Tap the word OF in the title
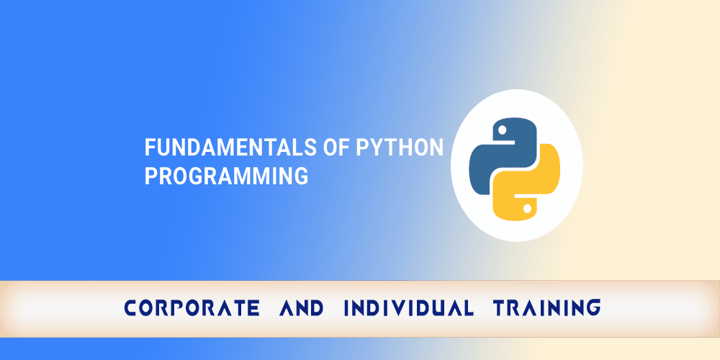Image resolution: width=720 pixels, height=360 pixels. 336,148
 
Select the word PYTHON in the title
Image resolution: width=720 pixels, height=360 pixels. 400,148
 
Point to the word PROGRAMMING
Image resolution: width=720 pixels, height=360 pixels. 226,176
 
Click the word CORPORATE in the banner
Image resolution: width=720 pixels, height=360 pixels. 192,308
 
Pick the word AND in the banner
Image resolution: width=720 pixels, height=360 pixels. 300,308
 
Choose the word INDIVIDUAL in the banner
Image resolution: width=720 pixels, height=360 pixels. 408,308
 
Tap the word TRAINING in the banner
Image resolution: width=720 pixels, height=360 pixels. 546,308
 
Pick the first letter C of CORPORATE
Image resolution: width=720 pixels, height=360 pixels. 131,308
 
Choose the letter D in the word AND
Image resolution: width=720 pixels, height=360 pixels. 316,308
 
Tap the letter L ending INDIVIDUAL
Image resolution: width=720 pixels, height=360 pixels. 468,308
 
